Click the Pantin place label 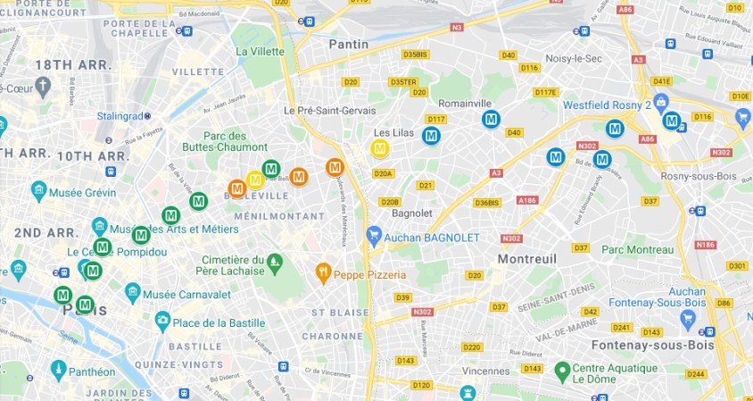[349, 43]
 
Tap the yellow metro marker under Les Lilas [380, 148]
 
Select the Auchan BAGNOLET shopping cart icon [375, 237]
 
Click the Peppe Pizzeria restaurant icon [323, 273]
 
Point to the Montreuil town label [502, 258]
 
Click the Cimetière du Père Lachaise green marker [275, 262]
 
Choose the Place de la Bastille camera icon [163, 322]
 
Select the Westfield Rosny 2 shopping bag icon [661, 101]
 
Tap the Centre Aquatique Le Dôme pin [561, 369]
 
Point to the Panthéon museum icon [59, 371]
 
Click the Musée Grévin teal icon [38, 191]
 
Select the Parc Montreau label [638, 249]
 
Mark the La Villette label [260, 51]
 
